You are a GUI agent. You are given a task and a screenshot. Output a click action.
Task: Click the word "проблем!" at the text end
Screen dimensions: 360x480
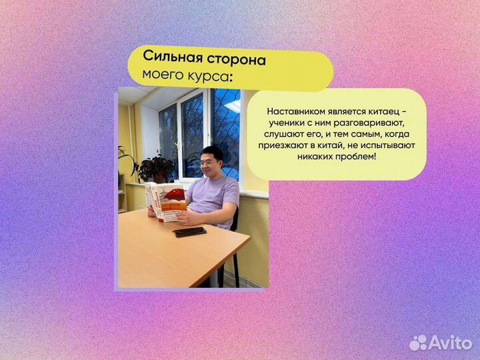(357, 157)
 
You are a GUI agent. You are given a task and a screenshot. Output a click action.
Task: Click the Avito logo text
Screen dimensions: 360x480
(451, 343)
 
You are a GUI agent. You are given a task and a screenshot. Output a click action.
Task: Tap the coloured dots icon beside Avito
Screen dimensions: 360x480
(418, 343)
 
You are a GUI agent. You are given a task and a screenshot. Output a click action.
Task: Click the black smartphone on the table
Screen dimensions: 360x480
(190, 231)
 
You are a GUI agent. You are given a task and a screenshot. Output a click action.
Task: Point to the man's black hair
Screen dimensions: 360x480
(213, 151)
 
